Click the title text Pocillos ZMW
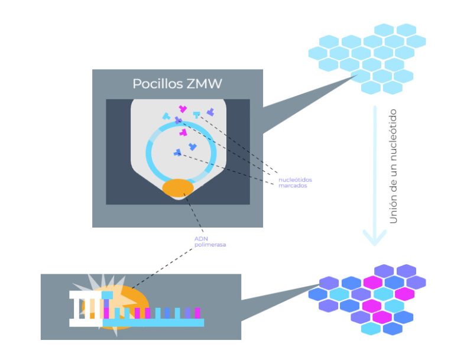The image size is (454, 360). pos(177,84)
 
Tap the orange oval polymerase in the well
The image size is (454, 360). pos(178,187)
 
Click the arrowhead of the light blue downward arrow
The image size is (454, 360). pos(374,237)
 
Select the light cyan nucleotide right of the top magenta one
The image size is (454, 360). pos(196,114)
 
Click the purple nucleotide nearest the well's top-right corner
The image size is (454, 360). pos(210,111)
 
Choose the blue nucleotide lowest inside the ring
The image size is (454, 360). pos(177,153)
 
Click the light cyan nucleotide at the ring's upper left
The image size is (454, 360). pos(166,116)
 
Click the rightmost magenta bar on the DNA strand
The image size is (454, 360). pos(197,312)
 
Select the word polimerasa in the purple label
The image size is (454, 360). pos(210,244)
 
